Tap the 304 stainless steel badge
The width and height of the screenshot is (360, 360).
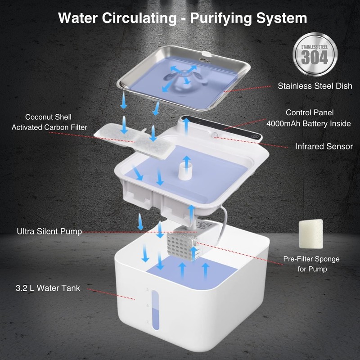(x=315, y=56)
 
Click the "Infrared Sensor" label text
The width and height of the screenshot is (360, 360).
(x=324, y=146)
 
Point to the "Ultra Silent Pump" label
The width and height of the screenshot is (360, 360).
(x=49, y=232)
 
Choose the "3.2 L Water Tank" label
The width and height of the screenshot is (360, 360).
(x=48, y=288)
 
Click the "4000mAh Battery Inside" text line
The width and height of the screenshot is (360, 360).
(x=309, y=123)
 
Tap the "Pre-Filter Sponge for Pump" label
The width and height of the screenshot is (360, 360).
(x=311, y=264)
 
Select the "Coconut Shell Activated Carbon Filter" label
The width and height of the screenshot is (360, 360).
(x=49, y=122)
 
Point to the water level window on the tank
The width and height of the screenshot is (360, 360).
(x=155, y=309)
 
